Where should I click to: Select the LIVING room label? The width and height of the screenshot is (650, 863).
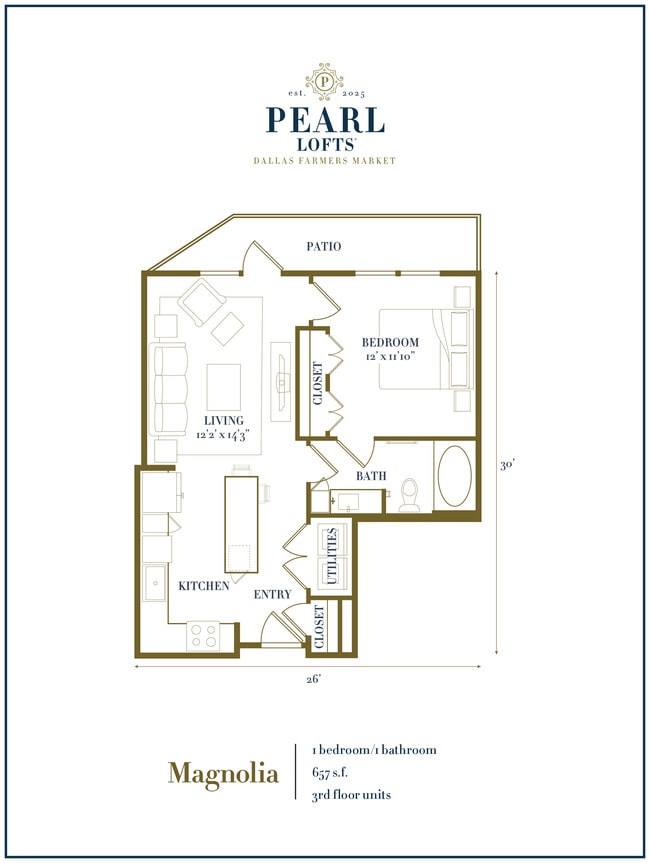tap(223, 420)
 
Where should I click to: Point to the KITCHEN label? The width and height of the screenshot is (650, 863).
tap(204, 586)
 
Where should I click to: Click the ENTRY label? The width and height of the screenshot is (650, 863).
tap(272, 595)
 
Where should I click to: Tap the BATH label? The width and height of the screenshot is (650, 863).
tap(372, 476)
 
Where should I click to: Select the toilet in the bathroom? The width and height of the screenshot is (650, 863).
tap(409, 495)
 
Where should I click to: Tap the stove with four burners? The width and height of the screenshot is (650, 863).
tap(204, 633)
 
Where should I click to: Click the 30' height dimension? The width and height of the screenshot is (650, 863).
tap(508, 464)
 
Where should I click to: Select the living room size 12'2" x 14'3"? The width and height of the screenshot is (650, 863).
tap(223, 434)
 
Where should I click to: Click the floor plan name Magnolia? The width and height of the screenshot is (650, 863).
tap(223, 773)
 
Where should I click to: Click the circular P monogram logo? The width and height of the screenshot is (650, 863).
tap(325, 79)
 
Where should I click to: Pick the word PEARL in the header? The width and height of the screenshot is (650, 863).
tap(325, 120)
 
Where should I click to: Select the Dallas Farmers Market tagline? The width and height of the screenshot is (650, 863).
tap(325, 161)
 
